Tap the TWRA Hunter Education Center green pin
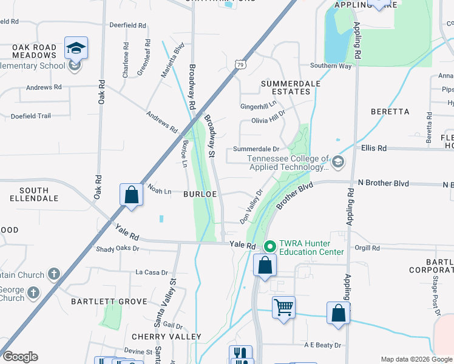click(270, 246)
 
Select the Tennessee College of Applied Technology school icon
click(338, 162)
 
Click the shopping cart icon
click(283, 307)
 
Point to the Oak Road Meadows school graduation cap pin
click(76, 48)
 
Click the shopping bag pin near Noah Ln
click(132, 195)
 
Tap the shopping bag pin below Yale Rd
click(265, 265)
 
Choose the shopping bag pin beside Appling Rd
click(339, 313)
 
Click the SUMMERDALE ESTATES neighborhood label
click(285, 87)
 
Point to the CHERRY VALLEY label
click(166, 337)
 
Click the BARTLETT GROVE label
click(109, 302)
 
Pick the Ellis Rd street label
click(374, 147)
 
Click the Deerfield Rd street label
click(128, 26)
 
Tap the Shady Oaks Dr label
click(118, 249)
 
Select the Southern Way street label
click(331, 66)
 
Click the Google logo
click(20, 357)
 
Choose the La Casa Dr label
click(152, 272)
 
